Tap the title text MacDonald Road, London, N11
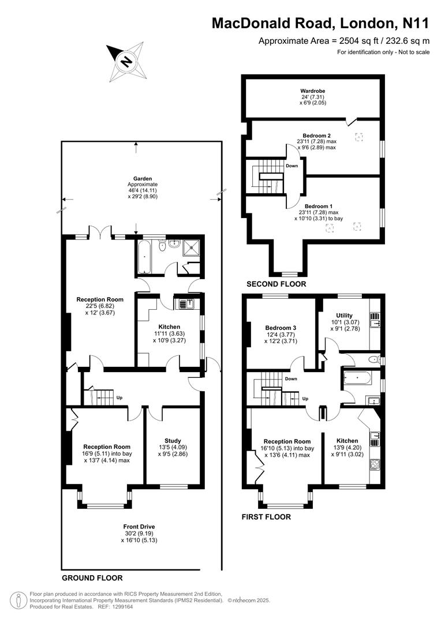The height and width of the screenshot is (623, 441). pyautogui.click(x=320, y=23)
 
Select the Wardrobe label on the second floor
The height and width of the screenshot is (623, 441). pyautogui.click(x=313, y=91)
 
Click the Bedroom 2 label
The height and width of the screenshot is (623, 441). pyautogui.click(x=317, y=136)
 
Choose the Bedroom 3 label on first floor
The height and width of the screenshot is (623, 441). pyautogui.click(x=281, y=327)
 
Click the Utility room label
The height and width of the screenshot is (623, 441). pyautogui.click(x=345, y=316)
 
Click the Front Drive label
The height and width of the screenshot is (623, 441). pyautogui.click(x=139, y=526)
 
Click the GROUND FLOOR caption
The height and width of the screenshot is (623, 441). pyautogui.click(x=92, y=577)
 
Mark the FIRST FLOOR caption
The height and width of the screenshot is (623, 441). pyautogui.click(x=266, y=517)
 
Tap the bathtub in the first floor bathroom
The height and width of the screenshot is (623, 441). pyautogui.click(x=358, y=379)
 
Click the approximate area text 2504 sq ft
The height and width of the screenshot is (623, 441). pyautogui.click(x=344, y=40)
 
